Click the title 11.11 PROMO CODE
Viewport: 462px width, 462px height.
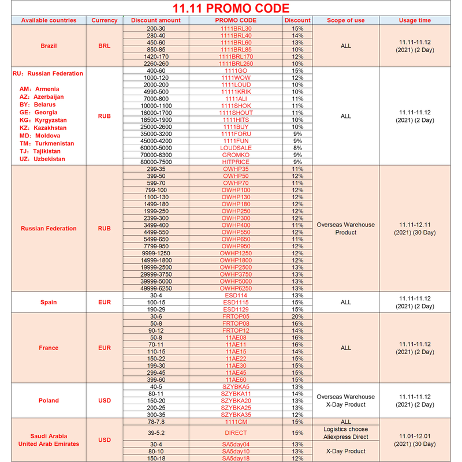tap(231, 9)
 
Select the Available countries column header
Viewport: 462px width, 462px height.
tap(49, 20)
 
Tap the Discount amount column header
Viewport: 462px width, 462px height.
tap(155, 20)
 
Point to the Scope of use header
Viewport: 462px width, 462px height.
tap(345, 20)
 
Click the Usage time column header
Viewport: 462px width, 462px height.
tap(415, 20)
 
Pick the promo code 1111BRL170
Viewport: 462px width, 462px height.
tap(236, 57)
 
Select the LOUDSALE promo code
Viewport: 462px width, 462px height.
tap(236, 148)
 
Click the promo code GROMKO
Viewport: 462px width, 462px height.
tap(236, 155)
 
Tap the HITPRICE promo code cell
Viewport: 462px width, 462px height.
tap(236, 162)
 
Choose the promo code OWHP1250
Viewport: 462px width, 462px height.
tap(236, 253)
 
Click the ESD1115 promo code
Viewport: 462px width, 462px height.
tap(236, 302)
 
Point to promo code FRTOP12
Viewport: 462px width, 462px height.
tap(236, 330)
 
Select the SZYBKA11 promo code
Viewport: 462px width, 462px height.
tap(236, 393)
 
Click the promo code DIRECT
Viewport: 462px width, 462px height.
tap(236, 433)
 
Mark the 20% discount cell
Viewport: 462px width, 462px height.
tap(297, 316)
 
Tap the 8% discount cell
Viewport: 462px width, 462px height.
tap(297, 148)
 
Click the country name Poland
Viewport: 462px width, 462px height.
tap(49, 400)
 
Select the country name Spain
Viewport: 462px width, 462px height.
tap(49, 302)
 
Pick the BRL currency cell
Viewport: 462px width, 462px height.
tap(104, 46)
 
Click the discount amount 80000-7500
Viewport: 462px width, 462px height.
tap(155, 162)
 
